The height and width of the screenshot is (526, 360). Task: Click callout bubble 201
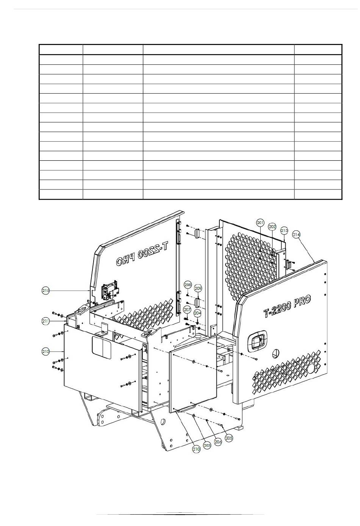tap(260, 222)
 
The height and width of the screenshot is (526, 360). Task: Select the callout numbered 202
tap(272, 226)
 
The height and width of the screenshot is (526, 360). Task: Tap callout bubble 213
tap(284, 230)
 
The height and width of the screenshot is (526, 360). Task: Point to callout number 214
tap(296, 235)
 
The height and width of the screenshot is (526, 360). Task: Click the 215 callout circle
tap(45, 291)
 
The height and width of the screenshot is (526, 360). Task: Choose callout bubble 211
tap(45, 321)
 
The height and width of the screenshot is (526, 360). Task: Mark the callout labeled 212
tap(45, 352)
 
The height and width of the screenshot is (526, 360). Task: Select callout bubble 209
tap(198, 288)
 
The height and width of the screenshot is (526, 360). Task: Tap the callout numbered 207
tap(187, 310)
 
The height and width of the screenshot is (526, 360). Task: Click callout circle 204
tap(197, 313)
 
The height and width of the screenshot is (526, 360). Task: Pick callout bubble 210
tap(196, 449)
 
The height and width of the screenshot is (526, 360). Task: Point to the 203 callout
tap(207, 445)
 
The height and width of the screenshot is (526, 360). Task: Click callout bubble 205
tap(229, 438)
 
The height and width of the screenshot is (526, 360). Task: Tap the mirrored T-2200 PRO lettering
tap(144, 257)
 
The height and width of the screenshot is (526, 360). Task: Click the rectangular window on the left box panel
tap(102, 348)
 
